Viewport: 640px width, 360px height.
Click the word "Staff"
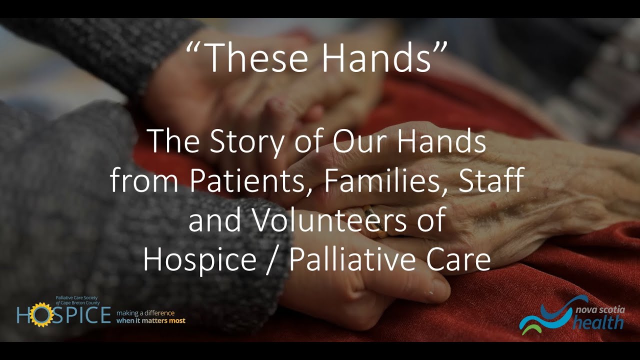[487, 181]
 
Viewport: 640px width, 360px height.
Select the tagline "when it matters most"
[150, 320]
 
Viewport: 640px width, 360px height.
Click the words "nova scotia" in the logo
[600, 310]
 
